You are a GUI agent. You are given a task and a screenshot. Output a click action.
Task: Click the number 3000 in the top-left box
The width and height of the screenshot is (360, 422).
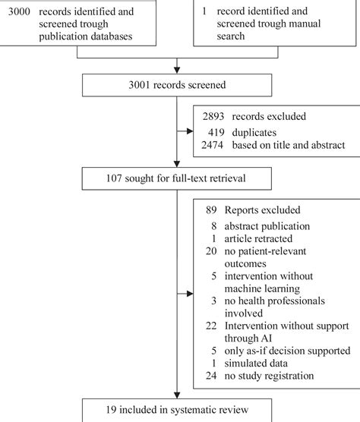(19, 13)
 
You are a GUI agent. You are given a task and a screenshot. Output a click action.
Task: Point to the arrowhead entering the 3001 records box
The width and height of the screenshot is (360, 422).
(177, 72)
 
